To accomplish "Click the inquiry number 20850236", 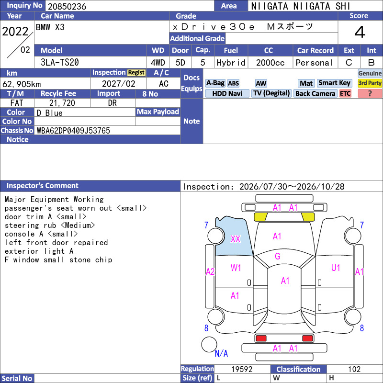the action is click(67, 6).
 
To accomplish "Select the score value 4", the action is click(360, 32).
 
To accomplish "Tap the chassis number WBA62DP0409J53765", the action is click(73, 131).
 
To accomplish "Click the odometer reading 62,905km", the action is click(22, 84).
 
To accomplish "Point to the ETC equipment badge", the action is click(345, 93).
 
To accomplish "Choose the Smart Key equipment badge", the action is click(334, 83).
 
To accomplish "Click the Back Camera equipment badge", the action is click(315, 93).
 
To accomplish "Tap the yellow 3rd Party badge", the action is click(370, 83).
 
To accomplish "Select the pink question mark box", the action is click(370, 93).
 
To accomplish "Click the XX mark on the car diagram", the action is click(236, 239).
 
